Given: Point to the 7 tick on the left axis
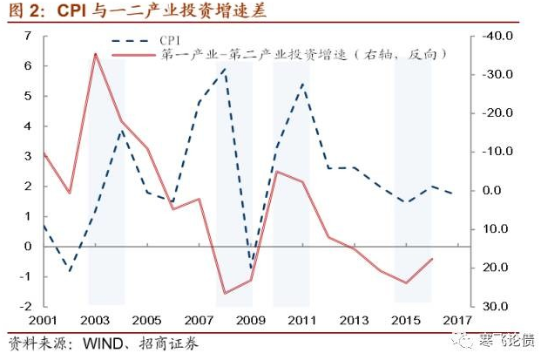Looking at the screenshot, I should click(x=28, y=36).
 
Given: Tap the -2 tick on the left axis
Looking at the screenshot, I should click(x=26, y=307).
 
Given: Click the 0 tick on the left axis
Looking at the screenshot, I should click(x=28, y=247).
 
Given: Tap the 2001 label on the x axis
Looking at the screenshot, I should click(x=43, y=321).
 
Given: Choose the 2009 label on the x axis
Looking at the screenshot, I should click(x=251, y=321).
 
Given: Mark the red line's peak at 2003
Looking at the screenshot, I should click(x=95, y=54).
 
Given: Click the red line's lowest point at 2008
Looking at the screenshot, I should click(x=225, y=293).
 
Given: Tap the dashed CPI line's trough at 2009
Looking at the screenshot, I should click(x=251, y=268).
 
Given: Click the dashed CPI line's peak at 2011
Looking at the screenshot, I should click(x=302, y=84).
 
